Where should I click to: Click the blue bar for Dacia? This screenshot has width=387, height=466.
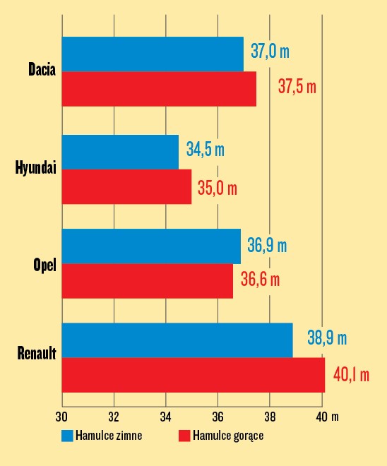[153, 54]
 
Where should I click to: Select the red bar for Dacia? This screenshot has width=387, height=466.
[159, 89]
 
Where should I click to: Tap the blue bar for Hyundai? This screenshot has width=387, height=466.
[120, 152]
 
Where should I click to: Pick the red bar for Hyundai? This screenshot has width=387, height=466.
[126, 186]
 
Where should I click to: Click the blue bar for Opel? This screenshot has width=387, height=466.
[151, 246]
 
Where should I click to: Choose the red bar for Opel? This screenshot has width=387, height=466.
[147, 280]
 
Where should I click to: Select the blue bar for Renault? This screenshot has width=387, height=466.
[177, 340]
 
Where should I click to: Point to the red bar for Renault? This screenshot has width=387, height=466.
[193, 375]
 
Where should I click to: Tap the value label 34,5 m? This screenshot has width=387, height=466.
[206, 150]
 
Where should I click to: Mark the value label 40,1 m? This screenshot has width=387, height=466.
[351, 374]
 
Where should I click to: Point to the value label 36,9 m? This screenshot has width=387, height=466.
[267, 246]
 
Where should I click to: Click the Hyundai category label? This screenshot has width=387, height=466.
[35, 168]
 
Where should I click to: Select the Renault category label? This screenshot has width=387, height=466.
[37, 352]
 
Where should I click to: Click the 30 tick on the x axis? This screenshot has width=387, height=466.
[61, 416]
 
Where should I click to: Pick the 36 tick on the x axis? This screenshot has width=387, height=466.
[218, 416]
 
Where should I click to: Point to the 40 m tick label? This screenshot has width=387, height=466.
[327, 416]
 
